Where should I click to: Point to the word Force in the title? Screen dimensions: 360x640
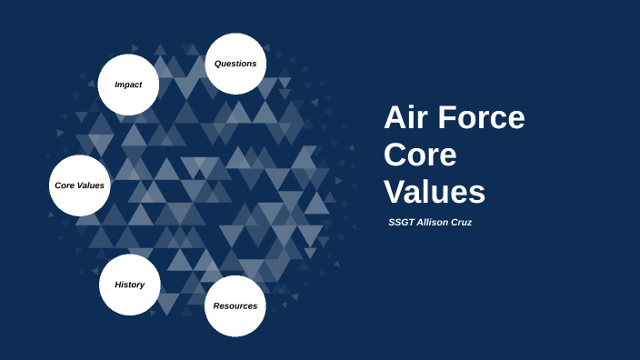pos(481,118)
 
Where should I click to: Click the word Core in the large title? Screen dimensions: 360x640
pos(419,155)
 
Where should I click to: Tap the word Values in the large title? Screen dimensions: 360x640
pos(435,192)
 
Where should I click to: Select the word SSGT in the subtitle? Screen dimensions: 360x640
pos(401,223)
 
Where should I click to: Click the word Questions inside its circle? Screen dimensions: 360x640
pos(235,64)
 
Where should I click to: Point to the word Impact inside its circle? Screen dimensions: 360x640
pos(128,85)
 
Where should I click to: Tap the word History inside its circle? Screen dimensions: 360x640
pos(129,285)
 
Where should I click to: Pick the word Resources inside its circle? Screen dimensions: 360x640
pos(235,305)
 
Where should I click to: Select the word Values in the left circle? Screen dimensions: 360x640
pos(91,185)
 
